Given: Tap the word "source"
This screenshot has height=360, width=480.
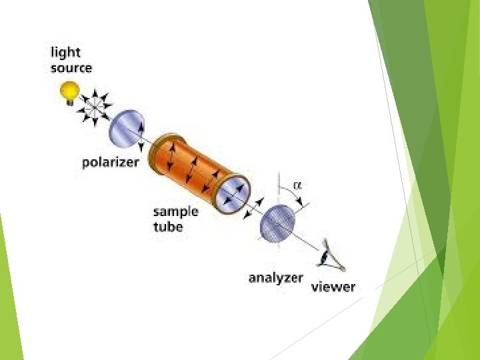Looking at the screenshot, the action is pos(71,68).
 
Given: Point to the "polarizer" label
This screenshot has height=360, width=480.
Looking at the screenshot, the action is pos(111,162).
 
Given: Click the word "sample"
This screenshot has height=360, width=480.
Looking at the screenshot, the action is pos(176,212).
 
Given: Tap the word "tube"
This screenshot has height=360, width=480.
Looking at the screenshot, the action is pos(168,227).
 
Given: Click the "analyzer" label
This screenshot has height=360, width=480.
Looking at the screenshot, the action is pos(276,278).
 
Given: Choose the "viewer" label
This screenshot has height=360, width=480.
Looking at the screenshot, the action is pos(333,287).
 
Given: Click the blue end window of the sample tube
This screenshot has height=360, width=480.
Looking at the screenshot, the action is pos(233,190).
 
